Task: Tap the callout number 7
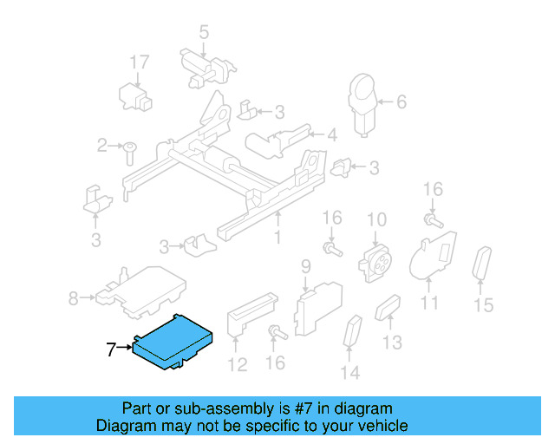point(110,350)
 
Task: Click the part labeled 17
point(134,93)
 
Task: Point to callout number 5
point(204,33)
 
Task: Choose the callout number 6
point(401,102)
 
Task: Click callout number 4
point(331,134)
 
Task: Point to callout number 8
point(73,299)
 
